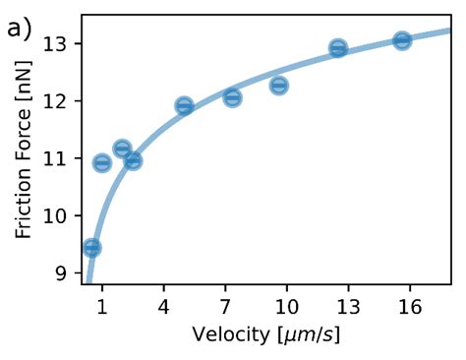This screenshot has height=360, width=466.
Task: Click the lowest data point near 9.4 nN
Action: coord(91,248)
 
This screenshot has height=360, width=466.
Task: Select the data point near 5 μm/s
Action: coord(184,106)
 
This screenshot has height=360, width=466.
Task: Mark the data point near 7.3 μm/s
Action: coord(232,97)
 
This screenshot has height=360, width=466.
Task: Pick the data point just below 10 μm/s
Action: coord(279,86)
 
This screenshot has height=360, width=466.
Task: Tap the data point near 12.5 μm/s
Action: coord(338,48)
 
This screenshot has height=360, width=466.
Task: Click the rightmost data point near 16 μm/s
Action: coord(402,40)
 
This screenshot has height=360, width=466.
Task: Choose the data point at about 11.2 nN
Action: coord(122,149)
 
